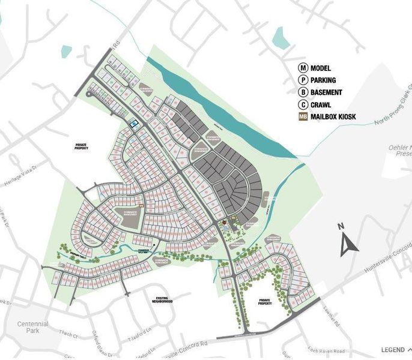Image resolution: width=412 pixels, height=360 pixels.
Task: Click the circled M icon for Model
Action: (x=303, y=69)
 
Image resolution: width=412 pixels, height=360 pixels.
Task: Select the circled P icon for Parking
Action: (x=303, y=80)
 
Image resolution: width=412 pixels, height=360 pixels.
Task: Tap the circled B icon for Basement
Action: (x=303, y=92)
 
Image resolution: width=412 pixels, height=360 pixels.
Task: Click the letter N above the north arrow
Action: (x=340, y=227)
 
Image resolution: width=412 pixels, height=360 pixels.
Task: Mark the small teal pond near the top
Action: (x=280, y=38)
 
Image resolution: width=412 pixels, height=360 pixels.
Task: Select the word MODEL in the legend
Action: (x=321, y=69)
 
